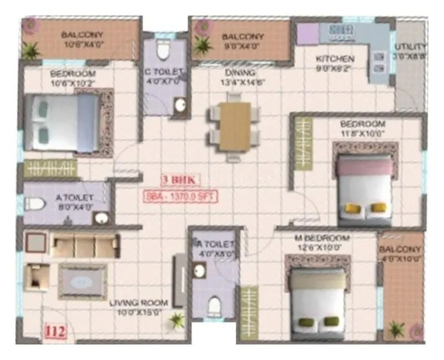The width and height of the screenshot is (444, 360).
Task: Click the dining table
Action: click(x=235, y=126)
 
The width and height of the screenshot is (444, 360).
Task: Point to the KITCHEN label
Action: click(x=335, y=59)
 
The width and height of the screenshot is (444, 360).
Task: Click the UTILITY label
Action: click(x=410, y=47)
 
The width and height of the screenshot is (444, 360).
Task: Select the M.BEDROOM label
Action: click(x=322, y=238)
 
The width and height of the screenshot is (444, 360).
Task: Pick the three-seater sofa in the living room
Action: click(x=85, y=244)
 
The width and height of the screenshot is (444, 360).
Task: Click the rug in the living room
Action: click(x=83, y=281)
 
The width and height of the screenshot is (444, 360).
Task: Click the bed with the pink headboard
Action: click(x=364, y=189)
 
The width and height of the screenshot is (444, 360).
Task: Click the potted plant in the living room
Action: click(x=176, y=321)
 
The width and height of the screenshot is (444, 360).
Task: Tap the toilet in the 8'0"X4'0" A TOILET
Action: click(x=34, y=204)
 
